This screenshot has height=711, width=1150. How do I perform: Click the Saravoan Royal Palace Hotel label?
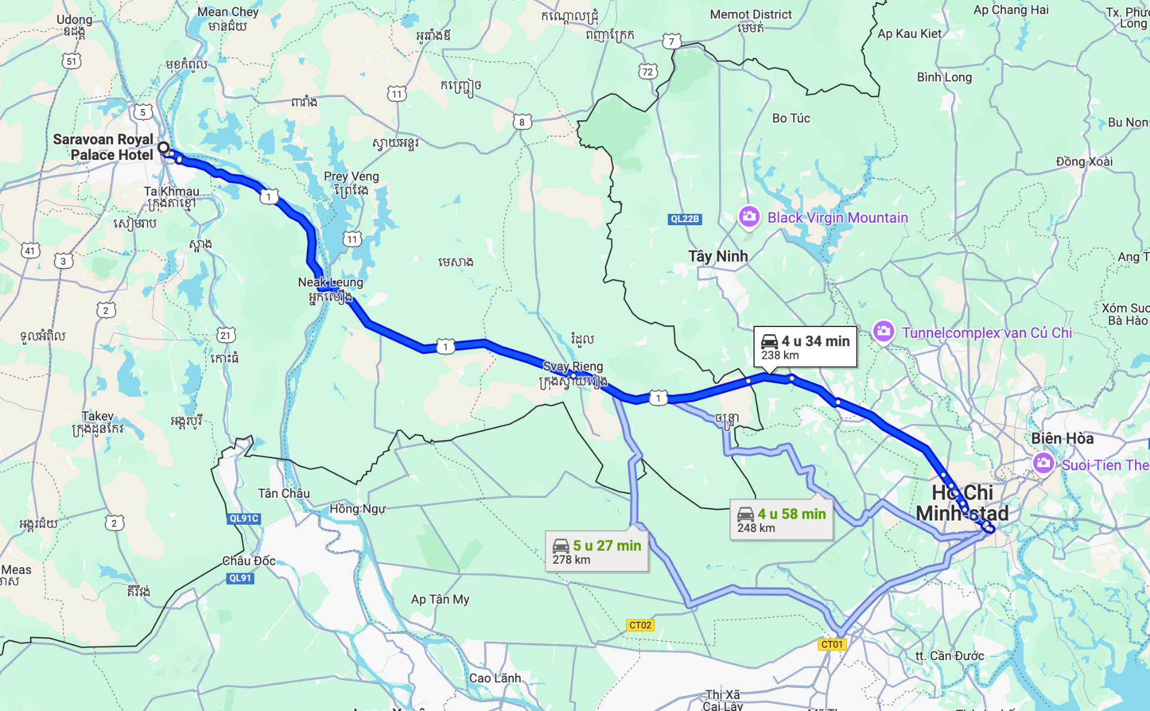[103, 147]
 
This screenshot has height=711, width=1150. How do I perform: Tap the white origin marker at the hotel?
[164, 147]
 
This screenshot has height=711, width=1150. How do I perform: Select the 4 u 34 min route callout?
[805, 347]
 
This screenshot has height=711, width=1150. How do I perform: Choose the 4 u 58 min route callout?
[781, 519]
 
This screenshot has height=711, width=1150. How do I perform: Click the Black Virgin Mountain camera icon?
[749, 217]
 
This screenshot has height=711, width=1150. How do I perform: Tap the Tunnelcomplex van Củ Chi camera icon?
[883, 331]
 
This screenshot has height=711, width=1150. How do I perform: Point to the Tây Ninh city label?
[718, 256]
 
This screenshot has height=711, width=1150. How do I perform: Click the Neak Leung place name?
[331, 282]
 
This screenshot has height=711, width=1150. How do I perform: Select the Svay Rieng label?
[573, 366]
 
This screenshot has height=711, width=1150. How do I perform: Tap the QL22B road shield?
[685, 219]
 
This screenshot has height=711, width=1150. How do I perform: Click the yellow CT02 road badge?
[640, 625]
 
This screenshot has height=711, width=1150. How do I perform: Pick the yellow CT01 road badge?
[832, 645]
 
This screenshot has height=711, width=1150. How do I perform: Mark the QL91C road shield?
[244, 519]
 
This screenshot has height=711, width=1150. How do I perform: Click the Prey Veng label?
[351, 177]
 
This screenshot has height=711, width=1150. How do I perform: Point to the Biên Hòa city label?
[1062, 438]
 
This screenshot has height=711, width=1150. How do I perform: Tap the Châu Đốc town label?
[249, 561]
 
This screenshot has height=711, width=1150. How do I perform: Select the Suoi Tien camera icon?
[1043, 463]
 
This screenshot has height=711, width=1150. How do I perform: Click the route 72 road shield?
[647, 72]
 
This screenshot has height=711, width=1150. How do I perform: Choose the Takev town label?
[98, 416]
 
